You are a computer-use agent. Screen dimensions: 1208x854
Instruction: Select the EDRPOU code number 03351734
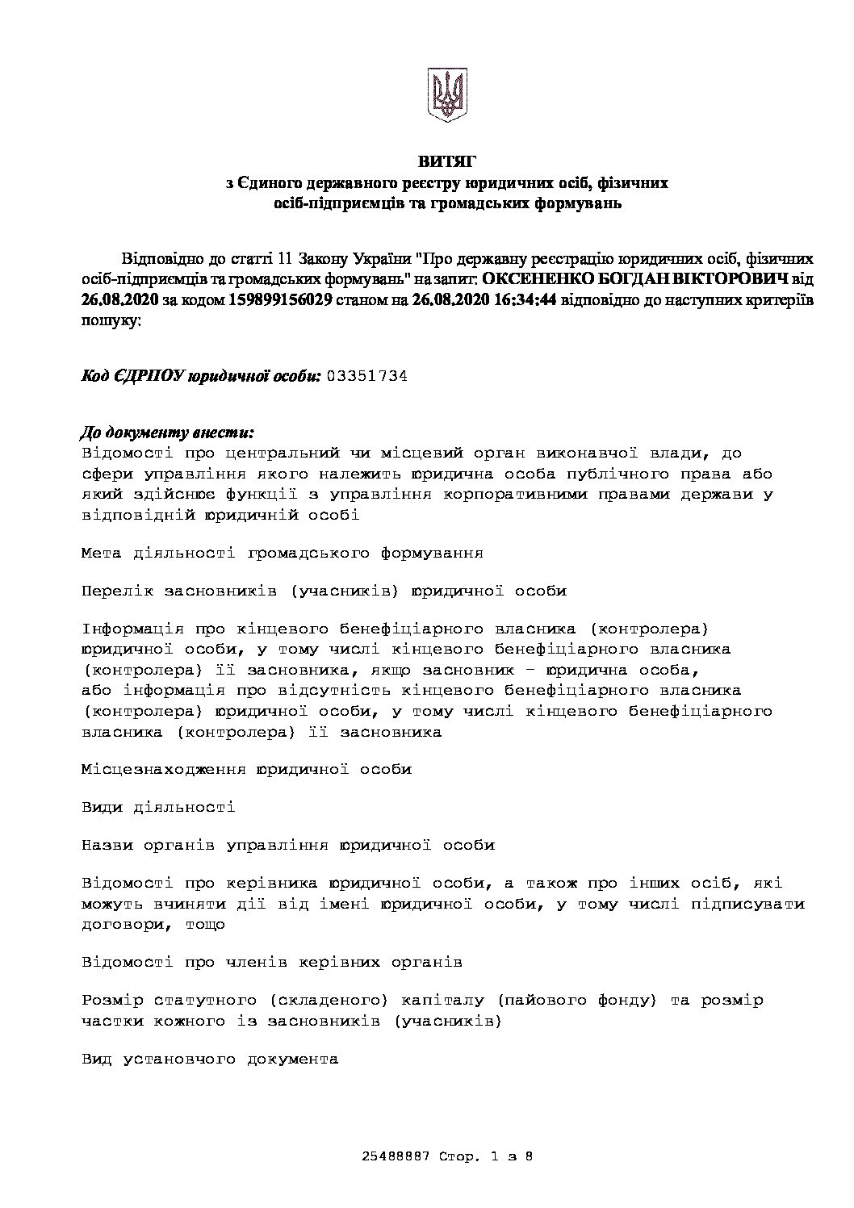[367, 376]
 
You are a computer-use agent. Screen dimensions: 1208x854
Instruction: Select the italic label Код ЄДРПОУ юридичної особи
[202, 376]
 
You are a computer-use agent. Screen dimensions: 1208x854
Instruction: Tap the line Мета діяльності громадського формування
[283, 553]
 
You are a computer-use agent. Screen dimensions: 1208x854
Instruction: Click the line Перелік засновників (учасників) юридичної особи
[324, 591]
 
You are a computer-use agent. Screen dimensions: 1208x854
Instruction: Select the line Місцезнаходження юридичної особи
[246, 769]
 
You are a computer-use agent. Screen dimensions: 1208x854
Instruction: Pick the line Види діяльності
[158, 807]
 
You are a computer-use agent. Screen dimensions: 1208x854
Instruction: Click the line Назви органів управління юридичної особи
[288, 845]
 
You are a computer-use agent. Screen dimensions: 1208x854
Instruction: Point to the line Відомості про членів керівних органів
[272, 962]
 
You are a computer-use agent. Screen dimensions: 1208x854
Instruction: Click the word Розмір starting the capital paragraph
[112, 1001]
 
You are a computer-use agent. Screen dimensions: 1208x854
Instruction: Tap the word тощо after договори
[205, 924]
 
